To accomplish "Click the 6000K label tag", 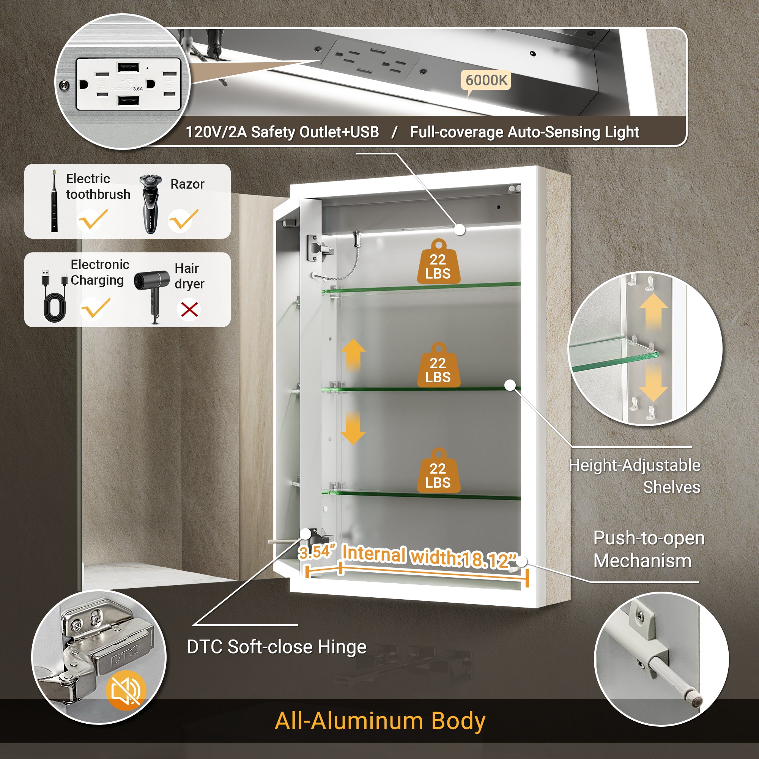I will [486, 80].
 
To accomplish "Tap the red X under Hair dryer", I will [189, 310].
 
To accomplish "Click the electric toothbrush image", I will [54, 201].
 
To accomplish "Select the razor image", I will [150, 203].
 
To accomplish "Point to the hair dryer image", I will [152, 291].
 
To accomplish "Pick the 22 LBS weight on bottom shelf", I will [438, 471].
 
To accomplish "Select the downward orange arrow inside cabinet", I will [353, 428].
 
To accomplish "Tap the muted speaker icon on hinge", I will [126, 690].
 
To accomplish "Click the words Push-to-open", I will [649, 538].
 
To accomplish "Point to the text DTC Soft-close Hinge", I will [277, 647].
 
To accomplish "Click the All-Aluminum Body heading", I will [380, 721].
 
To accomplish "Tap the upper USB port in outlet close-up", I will [128, 66].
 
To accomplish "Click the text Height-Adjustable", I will [634, 466].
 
